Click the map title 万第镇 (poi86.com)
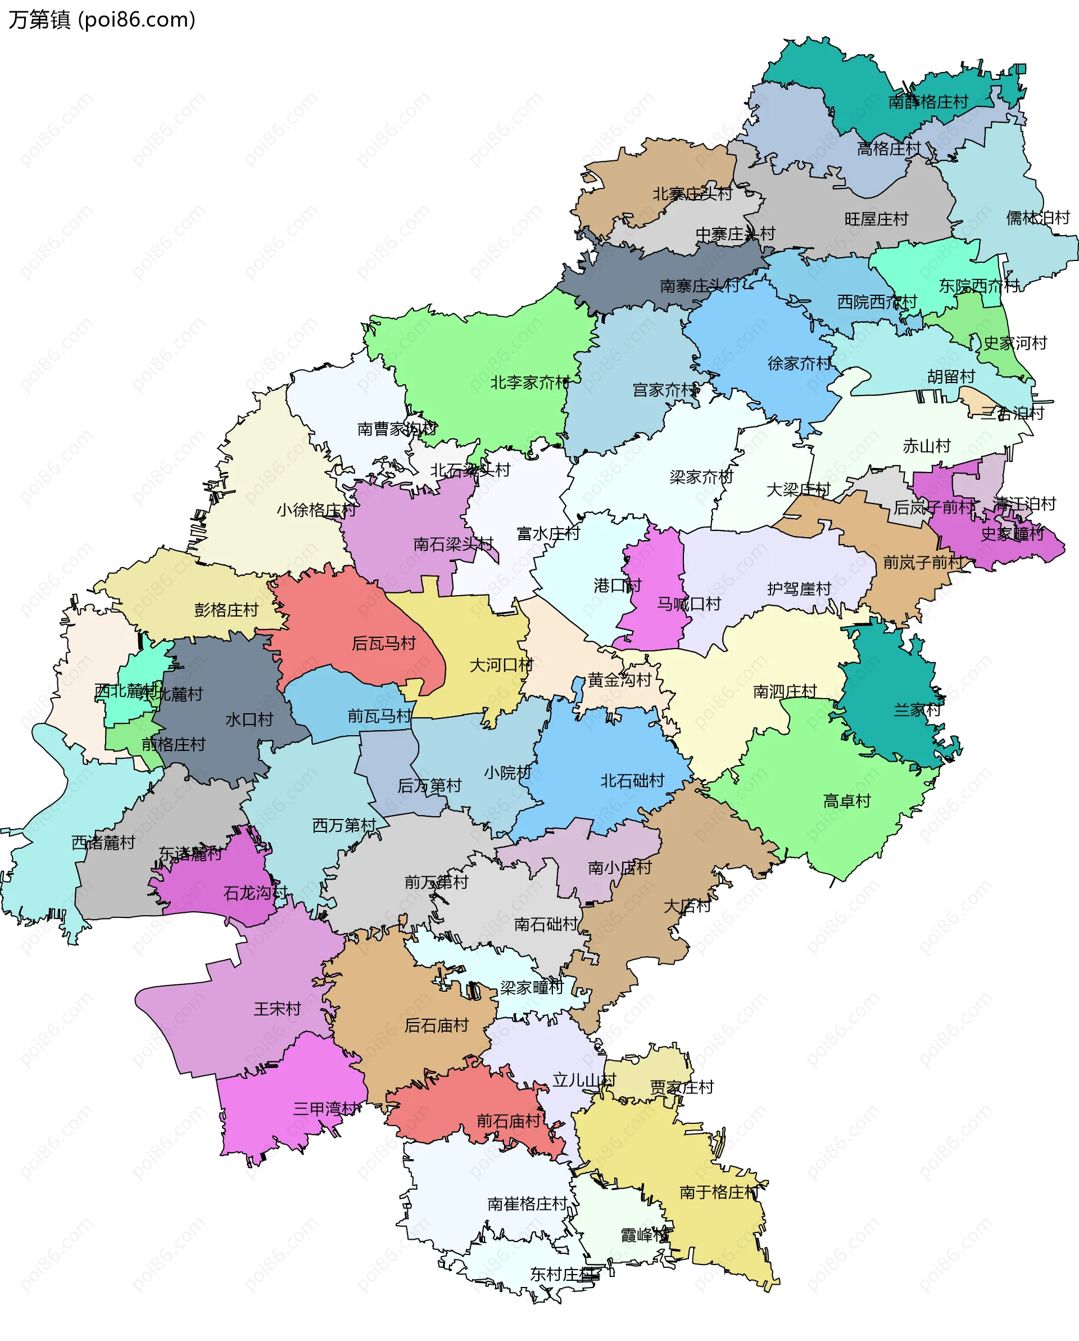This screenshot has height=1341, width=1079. tap(102, 20)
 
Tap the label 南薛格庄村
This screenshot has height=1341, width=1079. tap(928, 101)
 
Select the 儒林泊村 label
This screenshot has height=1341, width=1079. tap(1037, 218)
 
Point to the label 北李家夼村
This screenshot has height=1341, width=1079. tap(530, 382)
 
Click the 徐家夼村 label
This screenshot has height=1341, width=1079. tap(799, 363)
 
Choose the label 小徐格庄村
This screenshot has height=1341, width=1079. tap(316, 510)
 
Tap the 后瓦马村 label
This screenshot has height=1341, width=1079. tap(383, 643)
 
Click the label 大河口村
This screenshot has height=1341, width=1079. tap(501, 665)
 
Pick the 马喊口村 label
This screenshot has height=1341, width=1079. tap(688, 604)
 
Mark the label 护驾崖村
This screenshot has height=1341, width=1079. tap(799, 588)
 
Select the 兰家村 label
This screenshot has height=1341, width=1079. tap(917, 710)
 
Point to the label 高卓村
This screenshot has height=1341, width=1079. tap(846, 801)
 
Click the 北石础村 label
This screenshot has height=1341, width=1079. tap(632, 781)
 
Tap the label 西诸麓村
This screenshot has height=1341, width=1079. tap(103, 843)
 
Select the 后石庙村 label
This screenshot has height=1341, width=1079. tap(436, 1025)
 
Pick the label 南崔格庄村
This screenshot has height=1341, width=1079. tap(527, 1204)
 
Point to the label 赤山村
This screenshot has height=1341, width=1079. tap(926, 445)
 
